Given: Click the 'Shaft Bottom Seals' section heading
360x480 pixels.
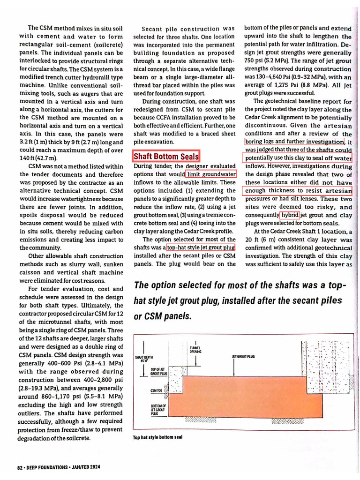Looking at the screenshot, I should coord(166,156).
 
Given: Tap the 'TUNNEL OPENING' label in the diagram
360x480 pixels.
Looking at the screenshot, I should coord(195,349).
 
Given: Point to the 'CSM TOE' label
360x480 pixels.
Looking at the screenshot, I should coord(156,390).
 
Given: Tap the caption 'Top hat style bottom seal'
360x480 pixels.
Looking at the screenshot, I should coord(158,437).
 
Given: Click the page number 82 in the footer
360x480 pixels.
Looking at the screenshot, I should coord(20,467).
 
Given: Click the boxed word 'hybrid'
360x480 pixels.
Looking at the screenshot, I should coord(290,215).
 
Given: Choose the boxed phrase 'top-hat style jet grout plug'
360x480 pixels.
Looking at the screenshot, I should coord(201,247).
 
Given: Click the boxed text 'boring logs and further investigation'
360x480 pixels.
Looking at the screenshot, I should coord(294,142).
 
